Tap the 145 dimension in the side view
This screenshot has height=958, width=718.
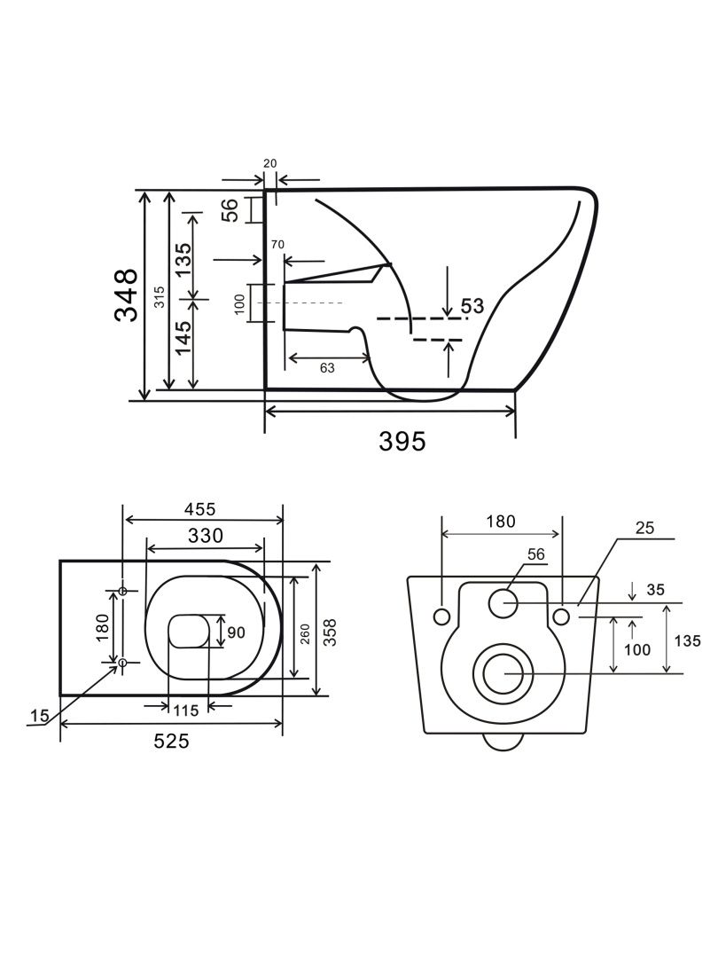[183, 338]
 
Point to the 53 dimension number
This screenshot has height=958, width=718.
[472, 306]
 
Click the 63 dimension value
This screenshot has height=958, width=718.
[327, 368]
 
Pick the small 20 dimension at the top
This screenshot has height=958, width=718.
[270, 163]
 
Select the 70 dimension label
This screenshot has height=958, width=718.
[277, 244]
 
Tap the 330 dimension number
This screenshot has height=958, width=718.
[204, 535]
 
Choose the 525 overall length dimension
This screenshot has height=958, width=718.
[171, 742]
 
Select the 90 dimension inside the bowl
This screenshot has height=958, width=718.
[236, 632]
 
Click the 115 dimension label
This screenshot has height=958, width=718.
[185, 711]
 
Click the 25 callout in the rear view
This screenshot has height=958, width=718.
[644, 529]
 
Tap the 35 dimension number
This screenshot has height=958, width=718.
[655, 589]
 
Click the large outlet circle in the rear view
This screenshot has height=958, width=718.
[504, 673]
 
